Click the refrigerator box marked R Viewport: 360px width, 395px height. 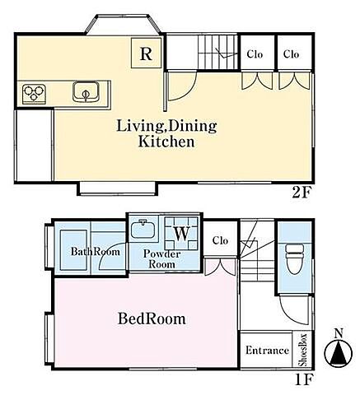146,53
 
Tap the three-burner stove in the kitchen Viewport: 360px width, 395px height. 34,94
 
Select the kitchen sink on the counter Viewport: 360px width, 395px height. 86,91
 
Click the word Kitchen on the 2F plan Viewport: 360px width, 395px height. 166,142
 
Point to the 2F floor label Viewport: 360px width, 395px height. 302,193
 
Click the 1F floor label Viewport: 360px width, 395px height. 304,379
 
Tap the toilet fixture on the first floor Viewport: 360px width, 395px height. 295,258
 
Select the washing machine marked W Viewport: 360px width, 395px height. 181,234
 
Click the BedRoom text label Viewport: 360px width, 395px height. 152,318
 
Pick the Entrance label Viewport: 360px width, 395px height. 267,351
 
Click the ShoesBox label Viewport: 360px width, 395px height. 303,350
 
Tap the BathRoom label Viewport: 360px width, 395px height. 96,252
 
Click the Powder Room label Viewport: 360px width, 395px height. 161,259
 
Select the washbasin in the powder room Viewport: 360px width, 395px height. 143,230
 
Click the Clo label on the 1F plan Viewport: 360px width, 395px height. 220,240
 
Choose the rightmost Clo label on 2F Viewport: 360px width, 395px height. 291,53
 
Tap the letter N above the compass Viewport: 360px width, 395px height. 339,333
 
